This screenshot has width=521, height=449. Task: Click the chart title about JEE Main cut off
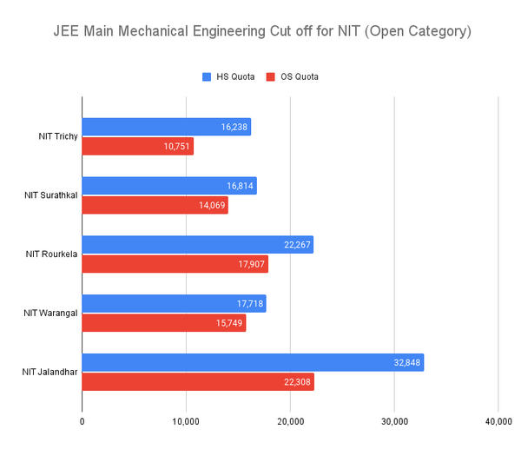pyautogui.click(x=260, y=32)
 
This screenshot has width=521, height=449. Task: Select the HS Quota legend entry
pyautogui.click(x=228, y=76)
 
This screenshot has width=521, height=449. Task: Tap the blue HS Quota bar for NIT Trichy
pyautogui.click(x=166, y=127)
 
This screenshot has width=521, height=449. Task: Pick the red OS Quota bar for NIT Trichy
pyautogui.click(x=137, y=147)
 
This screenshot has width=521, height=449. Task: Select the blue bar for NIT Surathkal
pyautogui.click(x=168, y=186)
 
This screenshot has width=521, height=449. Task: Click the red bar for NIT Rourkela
pyautogui.click(x=175, y=265)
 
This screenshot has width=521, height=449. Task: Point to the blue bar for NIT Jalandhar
pyautogui.click(x=252, y=363)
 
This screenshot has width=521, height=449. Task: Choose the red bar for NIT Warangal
pyautogui.click(x=163, y=324)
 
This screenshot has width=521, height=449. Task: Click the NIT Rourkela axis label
pyautogui.click(x=51, y=254)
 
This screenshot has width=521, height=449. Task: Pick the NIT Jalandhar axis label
pyautogui.click(x=49, y=373)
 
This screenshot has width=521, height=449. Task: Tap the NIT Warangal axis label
pyautogui.click(x=51, y=314)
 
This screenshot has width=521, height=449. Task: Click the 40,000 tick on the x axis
pyautogui.click(x=498, y=422)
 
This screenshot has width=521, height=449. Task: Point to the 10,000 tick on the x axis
pyautogui.click(x=186, y=422)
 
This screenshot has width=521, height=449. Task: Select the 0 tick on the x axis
pyautogui.click(x=82, y=422)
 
